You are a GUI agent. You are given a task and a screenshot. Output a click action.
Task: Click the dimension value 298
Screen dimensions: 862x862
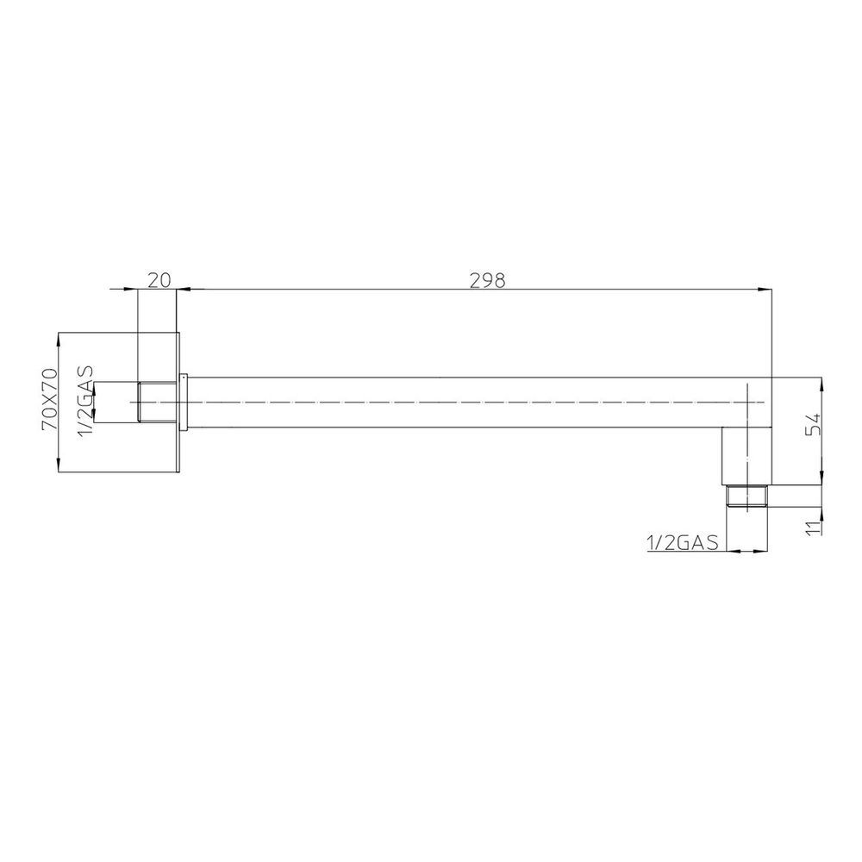(487, 280)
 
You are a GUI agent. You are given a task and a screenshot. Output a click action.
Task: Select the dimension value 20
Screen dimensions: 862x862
(160, 280)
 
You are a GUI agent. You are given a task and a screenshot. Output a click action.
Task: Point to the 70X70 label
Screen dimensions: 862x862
(49, 400)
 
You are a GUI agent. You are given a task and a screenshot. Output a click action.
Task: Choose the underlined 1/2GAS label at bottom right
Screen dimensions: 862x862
(683, 542)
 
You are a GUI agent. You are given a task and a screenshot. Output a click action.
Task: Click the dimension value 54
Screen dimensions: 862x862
(813, 424)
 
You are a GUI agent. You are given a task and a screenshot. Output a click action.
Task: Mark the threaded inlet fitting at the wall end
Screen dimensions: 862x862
(157, 402)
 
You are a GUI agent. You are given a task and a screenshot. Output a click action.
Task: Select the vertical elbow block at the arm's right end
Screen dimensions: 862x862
(746, 456)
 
